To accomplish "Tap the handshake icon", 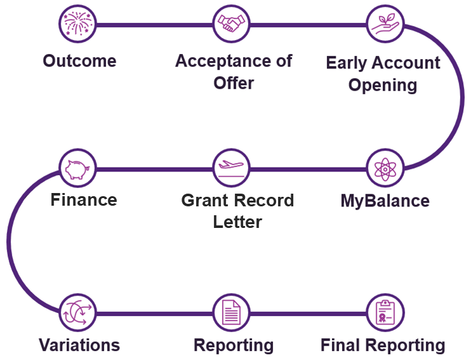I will [232, 25].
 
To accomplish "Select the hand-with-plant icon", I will [385, 25].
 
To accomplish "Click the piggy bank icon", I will [78, 169].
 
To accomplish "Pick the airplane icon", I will [232, 169].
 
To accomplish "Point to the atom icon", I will [385, 169].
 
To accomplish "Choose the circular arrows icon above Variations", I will [78, 313].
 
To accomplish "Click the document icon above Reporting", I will [232, 313].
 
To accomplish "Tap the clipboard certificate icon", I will [385, 313].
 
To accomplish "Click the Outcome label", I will [79, 61].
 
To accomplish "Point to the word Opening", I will [383, 85].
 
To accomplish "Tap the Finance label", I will [84, 200].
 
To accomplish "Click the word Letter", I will [237, 222].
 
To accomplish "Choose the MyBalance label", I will [385, 201].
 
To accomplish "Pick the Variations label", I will [79, 345].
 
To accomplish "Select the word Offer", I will [234, 83].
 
